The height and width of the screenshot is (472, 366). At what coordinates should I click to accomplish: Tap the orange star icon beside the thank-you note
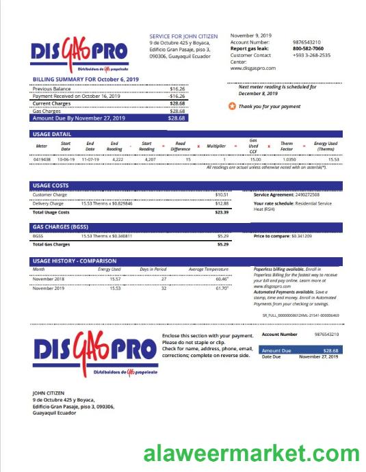233,107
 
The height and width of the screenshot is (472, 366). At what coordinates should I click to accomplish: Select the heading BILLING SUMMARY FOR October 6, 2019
86,79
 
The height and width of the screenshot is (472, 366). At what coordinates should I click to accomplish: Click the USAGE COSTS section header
51,185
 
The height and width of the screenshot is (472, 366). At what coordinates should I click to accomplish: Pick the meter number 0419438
42,159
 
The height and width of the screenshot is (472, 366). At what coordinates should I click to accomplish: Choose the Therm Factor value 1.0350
288,159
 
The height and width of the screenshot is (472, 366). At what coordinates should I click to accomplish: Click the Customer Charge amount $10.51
222,195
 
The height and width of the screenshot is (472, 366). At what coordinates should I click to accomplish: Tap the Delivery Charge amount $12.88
222,204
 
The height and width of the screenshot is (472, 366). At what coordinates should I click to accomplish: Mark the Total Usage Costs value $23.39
222,213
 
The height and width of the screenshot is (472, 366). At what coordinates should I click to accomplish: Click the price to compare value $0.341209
301,236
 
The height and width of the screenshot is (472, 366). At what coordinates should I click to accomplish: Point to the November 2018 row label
48,279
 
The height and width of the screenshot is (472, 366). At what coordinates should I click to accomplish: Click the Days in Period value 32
163,289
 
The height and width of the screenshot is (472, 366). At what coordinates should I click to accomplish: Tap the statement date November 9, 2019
251,35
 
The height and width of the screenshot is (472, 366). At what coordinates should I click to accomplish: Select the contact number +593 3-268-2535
311,55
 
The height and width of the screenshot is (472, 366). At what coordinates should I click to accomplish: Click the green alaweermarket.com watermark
251,454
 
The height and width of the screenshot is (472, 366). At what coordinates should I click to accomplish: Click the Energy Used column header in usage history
109,270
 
